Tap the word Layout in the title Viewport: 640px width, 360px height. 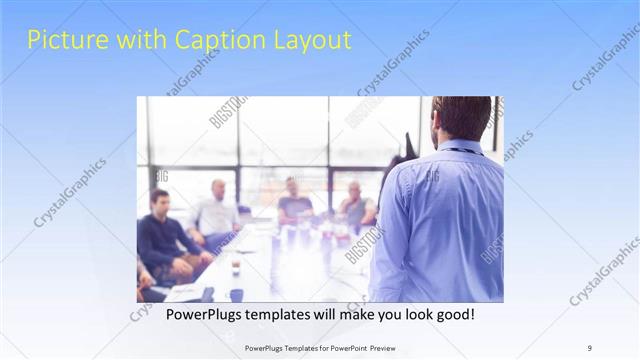click(313, 40)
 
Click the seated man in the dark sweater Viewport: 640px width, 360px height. click(162, 235)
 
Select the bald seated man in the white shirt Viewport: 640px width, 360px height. click(217, 210)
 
